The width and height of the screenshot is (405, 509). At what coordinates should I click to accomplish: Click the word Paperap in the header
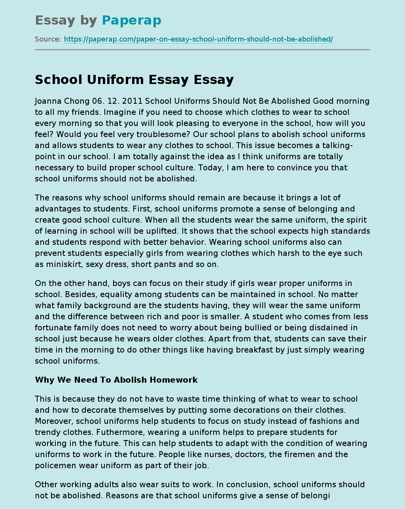(x=131, y=20)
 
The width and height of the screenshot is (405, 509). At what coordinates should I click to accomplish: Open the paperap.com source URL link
(x=198, y=39)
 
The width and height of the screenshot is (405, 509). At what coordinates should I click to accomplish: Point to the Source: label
(x=48, y=39)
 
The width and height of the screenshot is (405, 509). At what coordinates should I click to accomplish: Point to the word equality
(x=125, y=294)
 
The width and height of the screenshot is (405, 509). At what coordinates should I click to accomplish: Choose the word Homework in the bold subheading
(x=175, y=380)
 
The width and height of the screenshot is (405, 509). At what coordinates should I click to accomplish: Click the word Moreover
(x=54, y=421)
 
